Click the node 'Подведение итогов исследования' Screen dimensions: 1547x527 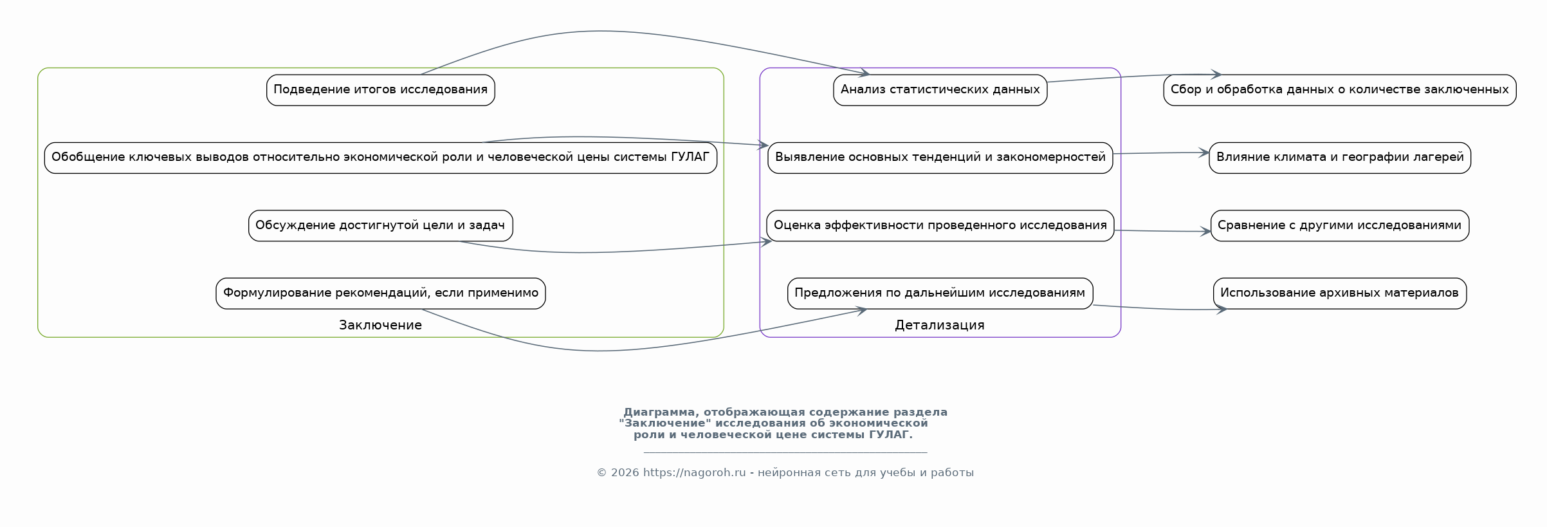click(380, 90)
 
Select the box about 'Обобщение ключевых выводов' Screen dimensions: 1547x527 click(380, 158)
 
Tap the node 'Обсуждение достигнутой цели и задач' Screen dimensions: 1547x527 click(380, 226)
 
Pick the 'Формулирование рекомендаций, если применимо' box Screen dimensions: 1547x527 click(380, 293)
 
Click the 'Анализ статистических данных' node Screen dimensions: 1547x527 click(940, 90)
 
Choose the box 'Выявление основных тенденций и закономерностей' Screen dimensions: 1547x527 click(940, 158)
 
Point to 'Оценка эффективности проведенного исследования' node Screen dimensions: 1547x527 click(940, 226)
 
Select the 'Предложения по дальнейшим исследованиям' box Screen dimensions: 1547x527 click(940, 293)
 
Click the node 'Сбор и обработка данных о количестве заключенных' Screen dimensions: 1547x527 click(1339, 90)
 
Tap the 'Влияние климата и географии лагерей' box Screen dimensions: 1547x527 click(1339, 158)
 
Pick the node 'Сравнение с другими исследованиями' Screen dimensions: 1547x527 click(1339, 226)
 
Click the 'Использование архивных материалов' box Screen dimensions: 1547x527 click(1339, 293)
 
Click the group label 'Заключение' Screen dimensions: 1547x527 click(380, 325)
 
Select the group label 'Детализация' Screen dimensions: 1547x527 click(939, 325)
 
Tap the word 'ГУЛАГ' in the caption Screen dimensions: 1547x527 click(890, 435)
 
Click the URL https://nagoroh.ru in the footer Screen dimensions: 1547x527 click(694, 473)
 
